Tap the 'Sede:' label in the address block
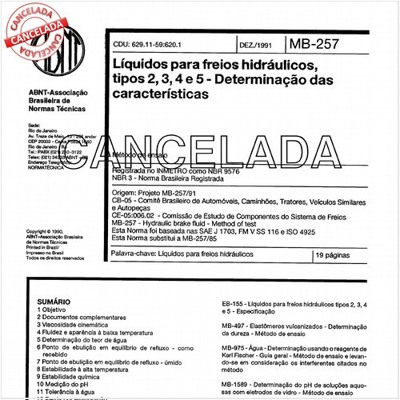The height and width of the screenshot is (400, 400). pyautogui.click(x=34, y=126)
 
